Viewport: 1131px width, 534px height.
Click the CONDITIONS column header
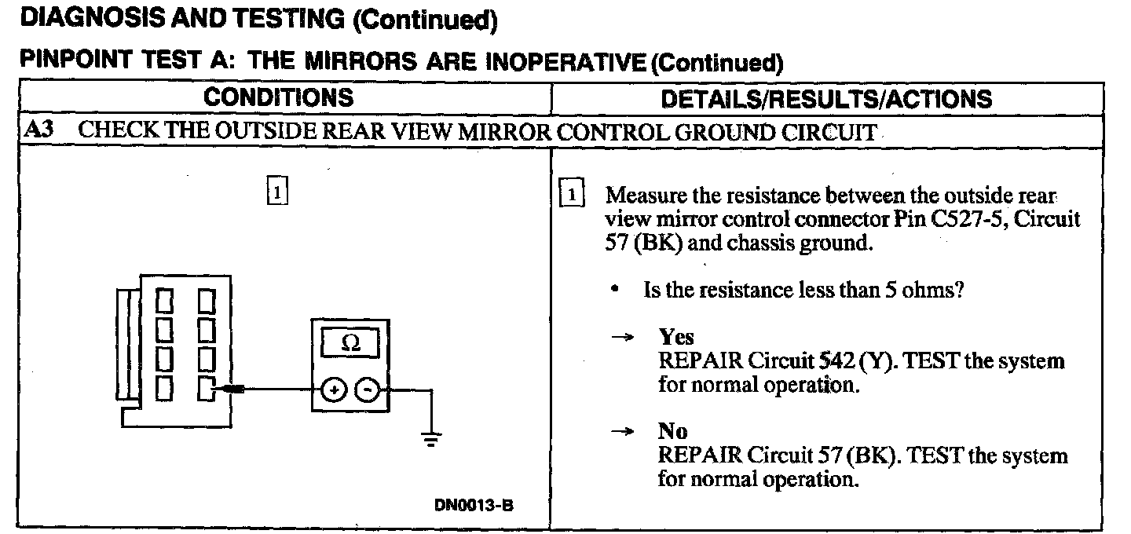coord(279,98)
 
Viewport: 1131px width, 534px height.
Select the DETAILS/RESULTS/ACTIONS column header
coord(826,99)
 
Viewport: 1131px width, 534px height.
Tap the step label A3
coord(39,130)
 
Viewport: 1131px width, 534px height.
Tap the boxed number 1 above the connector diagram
coord(277,191)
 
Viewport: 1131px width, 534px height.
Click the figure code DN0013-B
coord(474,505)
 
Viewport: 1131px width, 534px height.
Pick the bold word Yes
coord(676,338)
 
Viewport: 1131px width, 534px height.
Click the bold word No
coord(672,432)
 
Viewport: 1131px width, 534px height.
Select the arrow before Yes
coord(622,338)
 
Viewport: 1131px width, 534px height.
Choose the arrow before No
coord(622,432)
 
